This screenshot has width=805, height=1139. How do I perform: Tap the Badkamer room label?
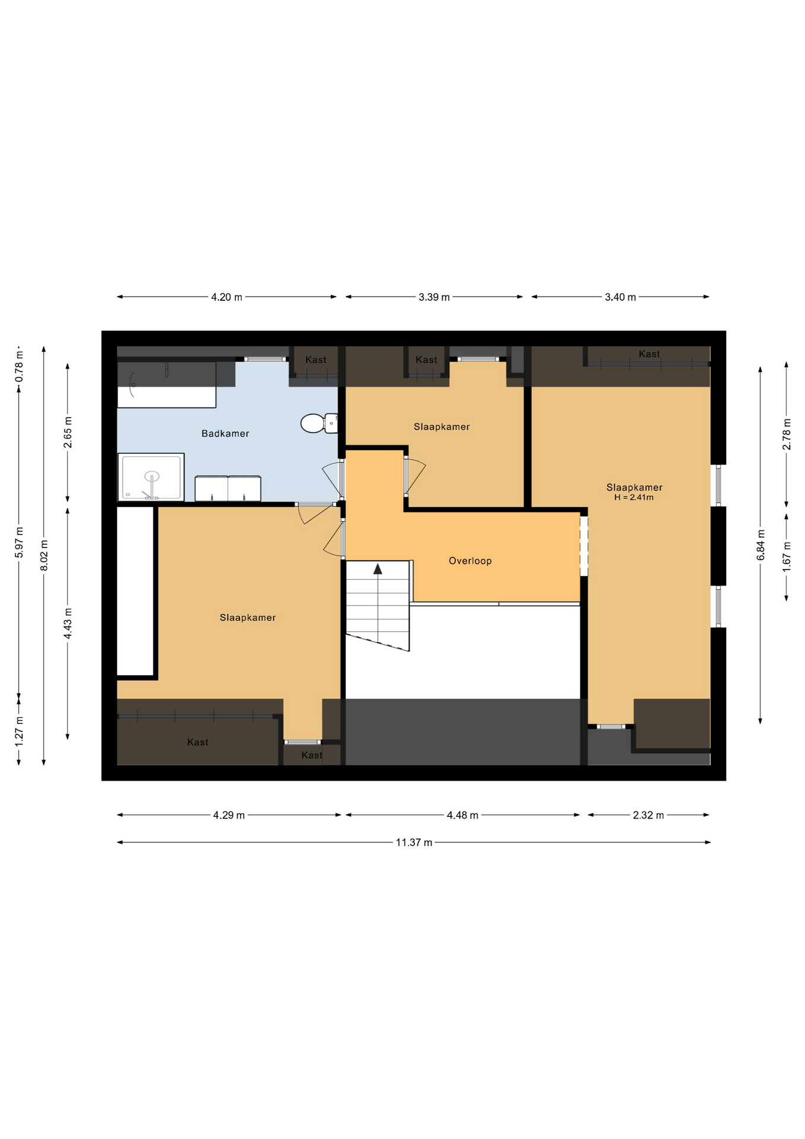pos(225,434)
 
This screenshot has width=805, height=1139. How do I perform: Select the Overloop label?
pos(470,561)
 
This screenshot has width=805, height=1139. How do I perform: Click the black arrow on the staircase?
pos(378,569)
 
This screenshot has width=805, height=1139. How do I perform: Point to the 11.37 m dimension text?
pos(414,842)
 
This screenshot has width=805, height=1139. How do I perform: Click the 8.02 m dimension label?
pos(44,556)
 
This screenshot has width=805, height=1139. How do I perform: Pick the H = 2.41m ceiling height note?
pos(634,498)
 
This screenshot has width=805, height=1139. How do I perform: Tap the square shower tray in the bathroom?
pos(151,477)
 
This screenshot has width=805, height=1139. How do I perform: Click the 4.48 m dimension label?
pos(462,815)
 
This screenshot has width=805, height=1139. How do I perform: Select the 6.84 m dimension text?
pos(761,545)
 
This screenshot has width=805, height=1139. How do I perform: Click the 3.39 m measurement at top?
pos(434,297)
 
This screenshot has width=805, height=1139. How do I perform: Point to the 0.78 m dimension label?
pos(19,366)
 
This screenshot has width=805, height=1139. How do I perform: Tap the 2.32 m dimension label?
pos(648,815)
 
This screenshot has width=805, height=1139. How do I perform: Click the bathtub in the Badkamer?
pos(167,384)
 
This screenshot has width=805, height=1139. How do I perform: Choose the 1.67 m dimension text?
pos(787,557)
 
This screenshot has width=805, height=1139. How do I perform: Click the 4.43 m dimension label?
pos(68,623)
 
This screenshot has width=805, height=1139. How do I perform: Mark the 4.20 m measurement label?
pos(226,297)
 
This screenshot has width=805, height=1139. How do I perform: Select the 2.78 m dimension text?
pos(787,434)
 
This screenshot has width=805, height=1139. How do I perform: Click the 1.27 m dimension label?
pos(19,731)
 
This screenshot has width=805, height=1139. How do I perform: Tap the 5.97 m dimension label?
pos(19,542)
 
